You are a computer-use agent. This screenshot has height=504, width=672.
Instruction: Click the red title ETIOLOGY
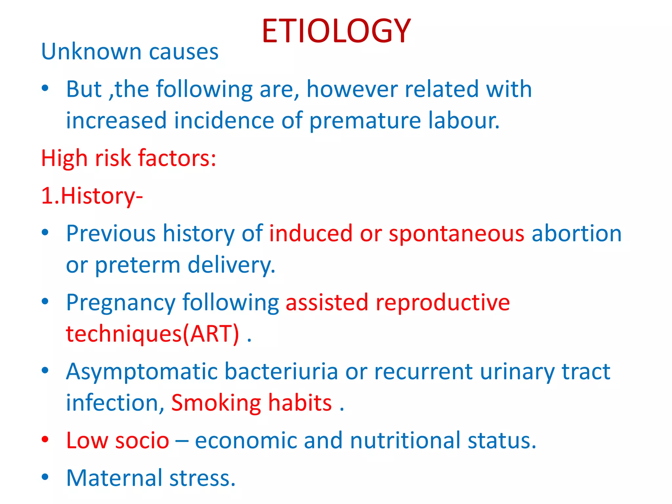pos(336,31)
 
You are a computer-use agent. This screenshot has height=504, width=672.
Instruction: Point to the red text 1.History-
pos(92,196)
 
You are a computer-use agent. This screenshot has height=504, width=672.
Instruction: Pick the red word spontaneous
pos(456,234)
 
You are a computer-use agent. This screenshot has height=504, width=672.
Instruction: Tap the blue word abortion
pos(577,234)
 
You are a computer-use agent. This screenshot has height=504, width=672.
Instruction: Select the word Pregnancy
pos(121,303)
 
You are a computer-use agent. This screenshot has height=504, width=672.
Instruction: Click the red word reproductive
pos(443,302)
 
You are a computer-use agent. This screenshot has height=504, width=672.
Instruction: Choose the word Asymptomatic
pos(142,372)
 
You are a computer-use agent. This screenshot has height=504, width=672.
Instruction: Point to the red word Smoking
pos(216,403)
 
